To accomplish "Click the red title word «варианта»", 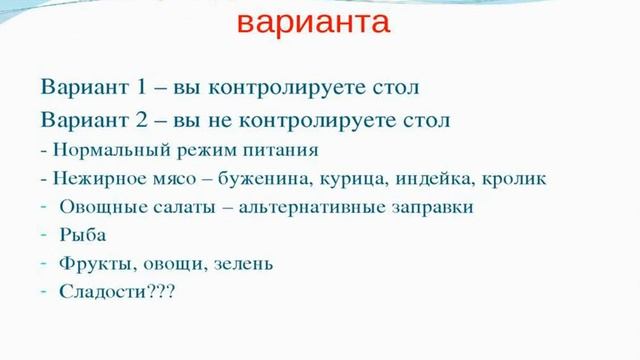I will [313, 23].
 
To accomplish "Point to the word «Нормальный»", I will [96, 152].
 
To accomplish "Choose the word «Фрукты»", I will [91, 264].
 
